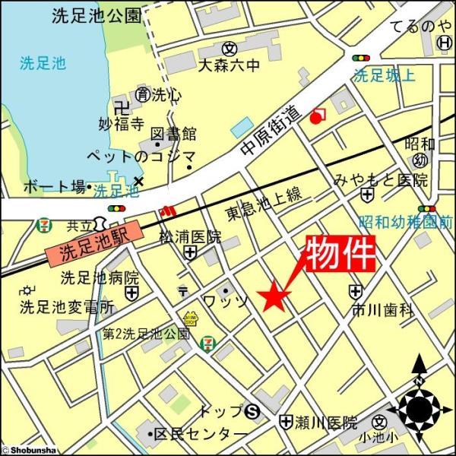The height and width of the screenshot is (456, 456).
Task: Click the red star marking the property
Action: (273, 297)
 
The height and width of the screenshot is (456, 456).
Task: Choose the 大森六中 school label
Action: (228, 66)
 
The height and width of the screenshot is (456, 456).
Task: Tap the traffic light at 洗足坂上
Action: (361, 58)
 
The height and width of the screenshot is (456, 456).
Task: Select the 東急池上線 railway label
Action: (264, 204)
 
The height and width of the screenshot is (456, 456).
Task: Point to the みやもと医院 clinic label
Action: (381, 180)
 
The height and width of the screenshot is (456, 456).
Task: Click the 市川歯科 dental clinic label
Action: (382, 309)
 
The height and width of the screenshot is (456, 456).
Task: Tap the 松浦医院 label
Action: (190, 236)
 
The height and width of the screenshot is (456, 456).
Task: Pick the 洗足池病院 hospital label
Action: (100, 277)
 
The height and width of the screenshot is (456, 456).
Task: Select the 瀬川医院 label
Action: (328, 420)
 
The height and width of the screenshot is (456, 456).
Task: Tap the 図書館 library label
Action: (173, 134)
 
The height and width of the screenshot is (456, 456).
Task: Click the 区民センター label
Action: (201, 435)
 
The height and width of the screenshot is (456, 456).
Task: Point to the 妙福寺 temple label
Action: (121, 121)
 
